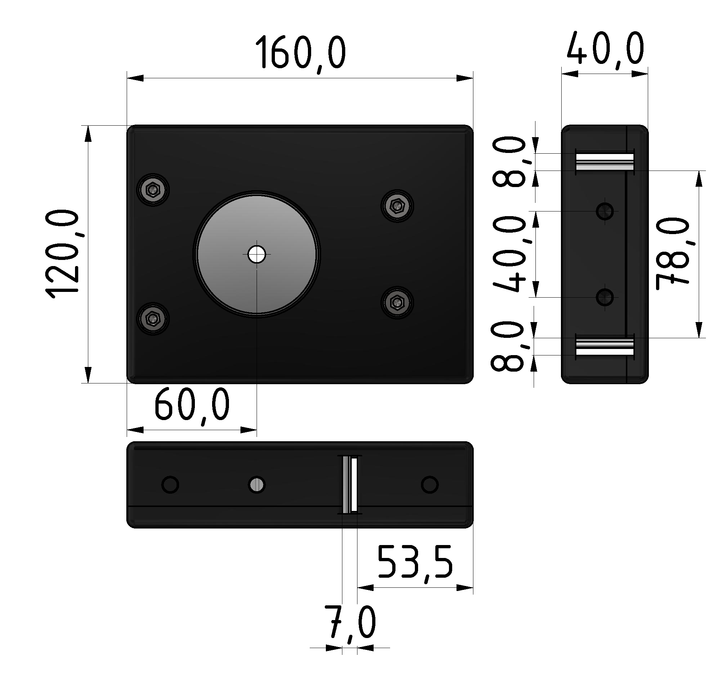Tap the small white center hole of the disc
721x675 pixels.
(x=257, y=255)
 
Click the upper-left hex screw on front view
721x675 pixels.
(x=153, y=190)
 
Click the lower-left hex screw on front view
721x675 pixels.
(x=153, y=318)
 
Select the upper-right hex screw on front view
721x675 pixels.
(x=397, y=206)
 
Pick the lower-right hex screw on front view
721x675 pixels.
(x=397, y=302)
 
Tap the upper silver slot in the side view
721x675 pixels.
(x=605, y=162)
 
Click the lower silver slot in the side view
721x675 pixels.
(x=605, y=346)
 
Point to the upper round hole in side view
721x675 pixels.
(x=605, y=211)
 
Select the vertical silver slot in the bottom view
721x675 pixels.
(x=350, y=484)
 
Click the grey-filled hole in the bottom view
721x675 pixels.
(x=257, y=484)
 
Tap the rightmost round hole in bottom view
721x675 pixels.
(x=430, y=484)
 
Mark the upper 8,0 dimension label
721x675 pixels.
(x=509, y=162)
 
